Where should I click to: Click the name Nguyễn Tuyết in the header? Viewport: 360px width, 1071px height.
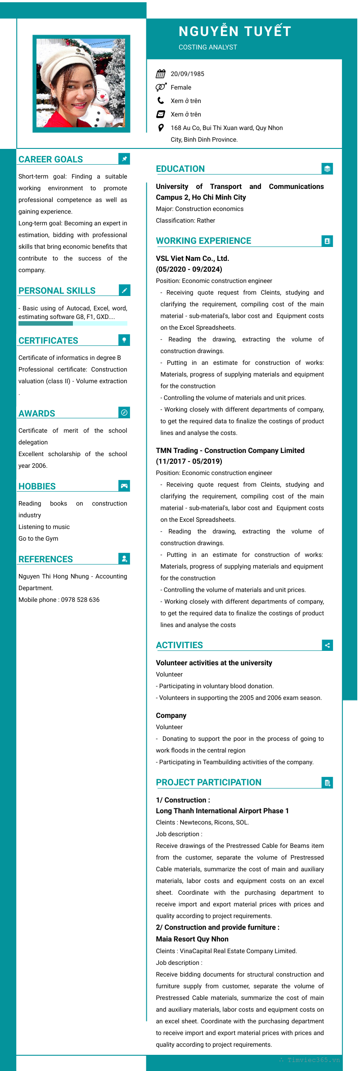235,31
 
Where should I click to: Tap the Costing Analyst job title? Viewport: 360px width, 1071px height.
207,47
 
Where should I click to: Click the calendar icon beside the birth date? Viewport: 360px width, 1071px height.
161,74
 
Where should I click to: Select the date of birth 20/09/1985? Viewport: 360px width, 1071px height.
187,74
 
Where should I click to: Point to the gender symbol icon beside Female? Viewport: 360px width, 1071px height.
161,87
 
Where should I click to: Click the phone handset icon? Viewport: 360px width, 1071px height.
161,101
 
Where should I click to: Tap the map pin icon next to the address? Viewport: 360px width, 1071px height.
161,128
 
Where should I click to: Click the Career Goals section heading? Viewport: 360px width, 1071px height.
50,159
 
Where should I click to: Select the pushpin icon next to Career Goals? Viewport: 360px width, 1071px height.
124,159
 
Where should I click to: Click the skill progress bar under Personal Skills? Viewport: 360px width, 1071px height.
72,323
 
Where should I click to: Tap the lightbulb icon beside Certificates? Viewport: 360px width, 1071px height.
124,340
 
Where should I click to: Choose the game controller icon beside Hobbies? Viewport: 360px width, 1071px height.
124,485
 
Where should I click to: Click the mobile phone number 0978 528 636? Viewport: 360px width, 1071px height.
80,600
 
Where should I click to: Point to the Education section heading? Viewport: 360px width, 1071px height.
180,169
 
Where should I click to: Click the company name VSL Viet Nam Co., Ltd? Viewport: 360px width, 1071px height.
192,259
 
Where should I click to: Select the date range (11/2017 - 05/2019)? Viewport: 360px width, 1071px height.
189,461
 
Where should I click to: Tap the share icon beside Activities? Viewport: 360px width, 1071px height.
327,645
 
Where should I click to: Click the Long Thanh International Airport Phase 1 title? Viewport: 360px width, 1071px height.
222,811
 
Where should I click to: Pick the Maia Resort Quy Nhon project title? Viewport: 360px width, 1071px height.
192,939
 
